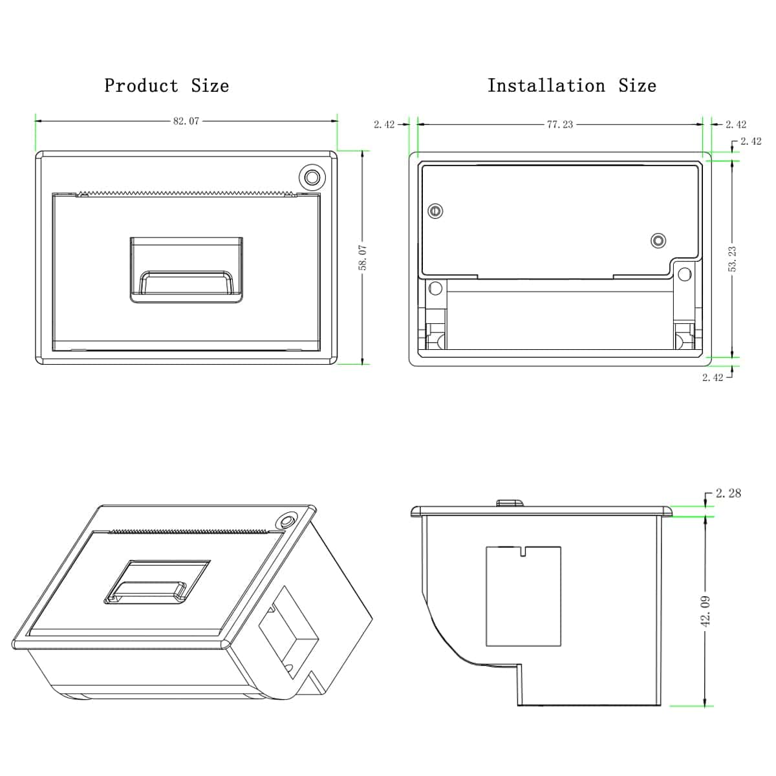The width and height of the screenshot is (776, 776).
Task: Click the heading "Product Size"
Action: pos(166,85)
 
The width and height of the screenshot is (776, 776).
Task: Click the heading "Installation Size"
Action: pos(572,85)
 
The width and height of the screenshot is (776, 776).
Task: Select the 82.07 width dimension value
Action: pos(186,121)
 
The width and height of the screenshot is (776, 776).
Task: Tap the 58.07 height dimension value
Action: pos(363,257)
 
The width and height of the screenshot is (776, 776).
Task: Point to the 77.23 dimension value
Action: pos(559,124)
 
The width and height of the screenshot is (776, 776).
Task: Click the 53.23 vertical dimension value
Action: pos(732,259)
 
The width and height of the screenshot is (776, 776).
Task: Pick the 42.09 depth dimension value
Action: pos(706,610)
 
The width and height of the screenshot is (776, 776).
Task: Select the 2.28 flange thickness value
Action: pos(728,493)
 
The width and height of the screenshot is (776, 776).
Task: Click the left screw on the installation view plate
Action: pos(436,211)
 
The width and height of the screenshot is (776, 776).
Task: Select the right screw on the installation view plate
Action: pos(658,241)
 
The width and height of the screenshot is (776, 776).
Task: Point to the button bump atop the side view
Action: pos(510,502)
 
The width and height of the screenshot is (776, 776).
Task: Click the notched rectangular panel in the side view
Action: pos(523,596)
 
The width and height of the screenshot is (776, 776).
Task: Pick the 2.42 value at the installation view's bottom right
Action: pos(713,378)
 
